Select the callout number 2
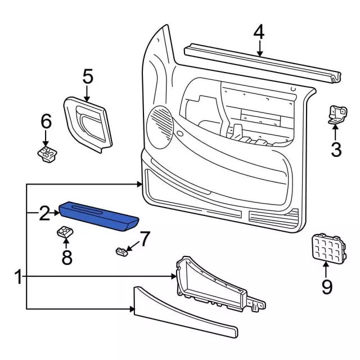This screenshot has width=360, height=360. pos(44,213)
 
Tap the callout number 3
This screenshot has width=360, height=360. pos(335,150)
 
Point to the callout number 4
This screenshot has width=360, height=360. pos(258,32)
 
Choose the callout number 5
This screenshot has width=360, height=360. pos(87,76)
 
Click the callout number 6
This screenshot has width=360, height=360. pos(46,121)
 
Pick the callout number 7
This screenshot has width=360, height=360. pos(145,239)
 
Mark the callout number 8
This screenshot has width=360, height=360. pos(67,258)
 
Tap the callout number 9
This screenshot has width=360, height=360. pos(327,287)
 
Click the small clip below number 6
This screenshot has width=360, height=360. pos(46,153)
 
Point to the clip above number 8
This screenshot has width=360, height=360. pos(66,232)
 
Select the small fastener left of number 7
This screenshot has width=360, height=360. pos(120,251)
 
